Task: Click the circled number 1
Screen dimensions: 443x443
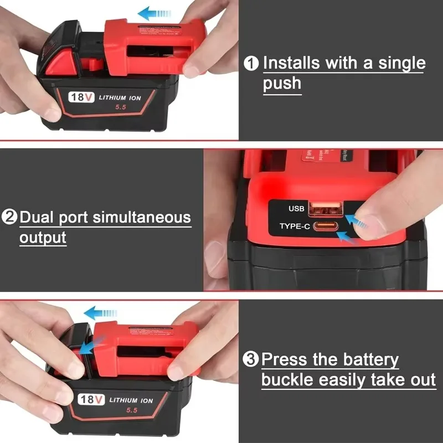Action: [252, 64]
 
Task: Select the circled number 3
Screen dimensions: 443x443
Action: [251, 360]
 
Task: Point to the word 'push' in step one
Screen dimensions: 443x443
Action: [282, 84]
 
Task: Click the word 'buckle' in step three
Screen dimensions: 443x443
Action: [289, 380]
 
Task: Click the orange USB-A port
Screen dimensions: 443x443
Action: [325, 208]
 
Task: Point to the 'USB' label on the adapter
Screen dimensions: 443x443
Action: [296, 209]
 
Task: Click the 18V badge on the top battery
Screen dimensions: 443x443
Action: [81, 97]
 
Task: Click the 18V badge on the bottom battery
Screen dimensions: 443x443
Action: [91, 399]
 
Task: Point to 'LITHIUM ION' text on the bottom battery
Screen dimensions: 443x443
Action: [131, 399]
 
